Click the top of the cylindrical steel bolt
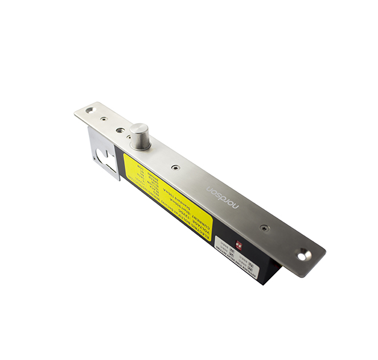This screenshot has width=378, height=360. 139,129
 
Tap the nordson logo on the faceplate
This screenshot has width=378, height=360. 223,197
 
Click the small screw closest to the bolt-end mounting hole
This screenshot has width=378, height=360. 103,119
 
